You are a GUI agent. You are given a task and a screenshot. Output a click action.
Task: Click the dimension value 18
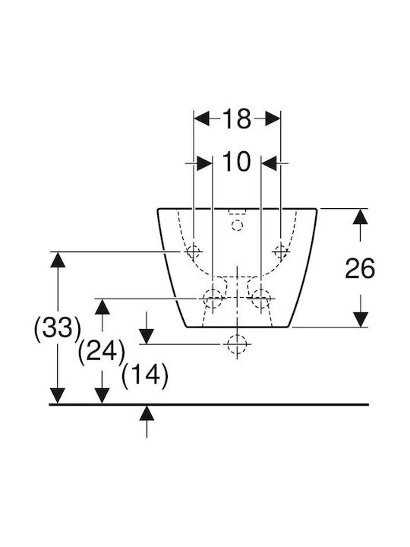pos(237,119)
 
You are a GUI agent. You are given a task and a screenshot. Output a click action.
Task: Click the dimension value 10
pos(236,162)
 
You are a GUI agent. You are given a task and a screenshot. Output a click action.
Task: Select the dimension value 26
pos(360,268)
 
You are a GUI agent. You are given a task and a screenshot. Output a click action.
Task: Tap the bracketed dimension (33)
pos(58,328)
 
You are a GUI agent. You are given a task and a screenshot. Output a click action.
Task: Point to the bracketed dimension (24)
pos(102,352)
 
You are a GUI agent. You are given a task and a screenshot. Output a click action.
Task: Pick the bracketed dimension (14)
pos(145,375)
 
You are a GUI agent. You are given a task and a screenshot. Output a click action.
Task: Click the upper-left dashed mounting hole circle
pos(194,251)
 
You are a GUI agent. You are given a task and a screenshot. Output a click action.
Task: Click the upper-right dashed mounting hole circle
pos(281,251)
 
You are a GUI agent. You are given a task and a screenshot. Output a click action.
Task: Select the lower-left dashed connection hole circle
pos(213,299)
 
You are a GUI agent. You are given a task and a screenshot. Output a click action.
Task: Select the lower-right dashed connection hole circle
pos(260,299)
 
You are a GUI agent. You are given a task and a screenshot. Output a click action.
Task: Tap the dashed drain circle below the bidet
pos(237,344)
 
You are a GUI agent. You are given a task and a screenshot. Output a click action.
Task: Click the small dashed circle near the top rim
pos(237,226)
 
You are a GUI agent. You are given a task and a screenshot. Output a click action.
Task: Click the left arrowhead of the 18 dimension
pos(201,119)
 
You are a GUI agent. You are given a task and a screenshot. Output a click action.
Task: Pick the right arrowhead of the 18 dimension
pos(273,119)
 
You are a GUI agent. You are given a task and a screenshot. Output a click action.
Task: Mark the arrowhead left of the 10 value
pos(205,163)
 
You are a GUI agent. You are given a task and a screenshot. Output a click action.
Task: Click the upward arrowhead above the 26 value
pos(360,217)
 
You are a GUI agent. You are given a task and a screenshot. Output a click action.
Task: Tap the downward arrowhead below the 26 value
pos(360,320)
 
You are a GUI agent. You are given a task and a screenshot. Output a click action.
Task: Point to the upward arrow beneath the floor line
pos(147,421)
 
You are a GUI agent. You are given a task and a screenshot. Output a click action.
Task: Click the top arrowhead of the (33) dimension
pos(58,259)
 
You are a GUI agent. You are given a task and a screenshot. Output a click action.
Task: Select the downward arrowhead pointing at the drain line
pos(147,337)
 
